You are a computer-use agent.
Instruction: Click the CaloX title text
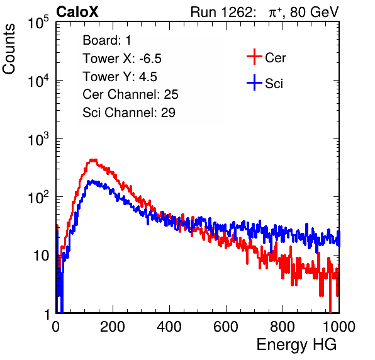[x=77, y=12]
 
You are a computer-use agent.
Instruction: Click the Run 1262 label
[x=221, y=12]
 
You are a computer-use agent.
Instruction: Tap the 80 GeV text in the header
[x=314, y=12]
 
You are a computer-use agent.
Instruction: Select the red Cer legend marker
[x=254, y=57]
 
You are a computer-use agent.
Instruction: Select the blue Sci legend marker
[x=254, y=82]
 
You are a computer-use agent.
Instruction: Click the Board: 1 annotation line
[x=107, y=40]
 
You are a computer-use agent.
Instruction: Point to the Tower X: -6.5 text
[x=122, y=59]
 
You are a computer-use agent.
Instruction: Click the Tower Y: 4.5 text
[x=120, y=77]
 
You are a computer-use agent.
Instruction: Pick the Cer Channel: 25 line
[x=130, y=94]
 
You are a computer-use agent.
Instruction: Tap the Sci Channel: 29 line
[x=129, y=113]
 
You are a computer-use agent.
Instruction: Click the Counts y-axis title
[x=9, y=49]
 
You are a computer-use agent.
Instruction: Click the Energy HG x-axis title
[x=297, y=345]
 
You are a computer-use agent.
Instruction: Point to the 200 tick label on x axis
[x=113, y=327]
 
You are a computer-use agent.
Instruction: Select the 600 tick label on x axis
[x=226, y=327]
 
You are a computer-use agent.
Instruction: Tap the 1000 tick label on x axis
[x=339, y=327]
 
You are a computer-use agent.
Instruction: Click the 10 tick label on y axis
[x=42, y=256]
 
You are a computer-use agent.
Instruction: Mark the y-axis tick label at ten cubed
[x=38, y=139]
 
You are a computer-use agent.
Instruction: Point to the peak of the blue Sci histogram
[x=92, y=181]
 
